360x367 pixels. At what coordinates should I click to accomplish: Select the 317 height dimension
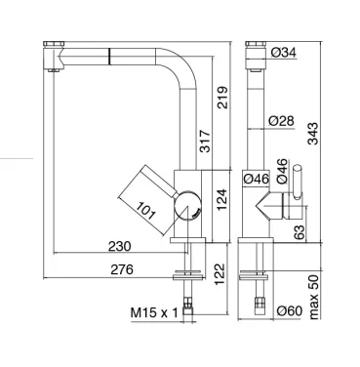[x=205, y=142]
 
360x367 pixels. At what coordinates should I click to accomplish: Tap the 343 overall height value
[x=313, y=134]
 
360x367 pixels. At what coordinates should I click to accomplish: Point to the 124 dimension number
[x=221, y=199]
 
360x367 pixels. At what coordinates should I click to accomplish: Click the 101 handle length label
[x=145, y=210]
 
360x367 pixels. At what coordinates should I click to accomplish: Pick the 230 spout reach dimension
[x=119, y=246]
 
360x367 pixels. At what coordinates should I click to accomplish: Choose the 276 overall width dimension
[x=122, y=269]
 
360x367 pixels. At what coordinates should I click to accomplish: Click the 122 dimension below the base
[x=220, y=274]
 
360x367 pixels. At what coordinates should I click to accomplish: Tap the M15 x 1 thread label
[x=154, y=313]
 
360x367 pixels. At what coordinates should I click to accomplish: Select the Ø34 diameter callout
[x=284, y=52]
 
